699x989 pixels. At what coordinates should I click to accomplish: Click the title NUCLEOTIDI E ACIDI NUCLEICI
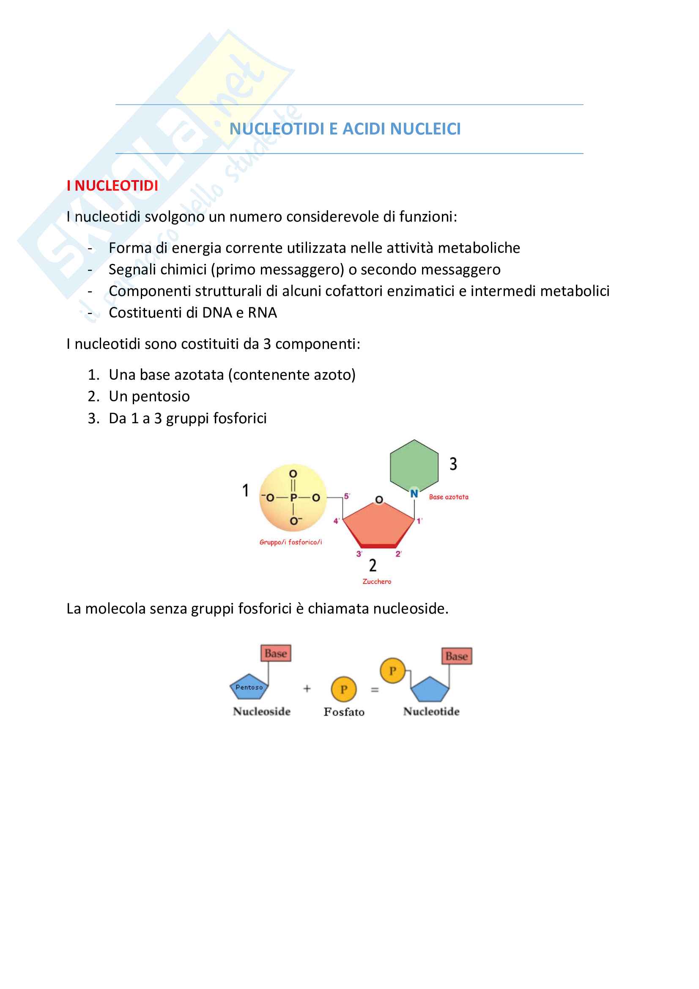click(x=345, y=129)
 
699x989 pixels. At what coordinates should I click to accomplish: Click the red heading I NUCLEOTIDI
click(x=112, y=186)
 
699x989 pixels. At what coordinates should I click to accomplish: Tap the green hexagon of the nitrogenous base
click(x=414, y=466)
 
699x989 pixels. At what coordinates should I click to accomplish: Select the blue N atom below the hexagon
click(x=414, y=493)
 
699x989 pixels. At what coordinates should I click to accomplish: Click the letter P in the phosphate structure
click(x=293, y=498)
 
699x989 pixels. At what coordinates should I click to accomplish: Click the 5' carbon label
click(x=347, y=496)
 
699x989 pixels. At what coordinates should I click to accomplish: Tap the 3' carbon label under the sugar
click(x=359, y=554)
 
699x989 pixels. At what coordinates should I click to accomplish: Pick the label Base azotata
click(x=448, y=497)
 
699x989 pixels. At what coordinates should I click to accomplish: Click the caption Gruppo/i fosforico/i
click(x=291, y=542)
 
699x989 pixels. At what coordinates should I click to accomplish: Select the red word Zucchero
click(x=377, y=581)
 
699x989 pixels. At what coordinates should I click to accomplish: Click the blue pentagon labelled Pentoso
click(x=249, y=688)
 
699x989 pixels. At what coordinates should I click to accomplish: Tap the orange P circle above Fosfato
click(x=344, y=689)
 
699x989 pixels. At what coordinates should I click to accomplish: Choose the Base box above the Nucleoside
click(x=276, y=653)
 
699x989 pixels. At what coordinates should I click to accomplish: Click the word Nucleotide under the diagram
click(x=431, y=712)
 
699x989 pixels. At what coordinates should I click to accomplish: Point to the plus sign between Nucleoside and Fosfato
click(x=307, y=689)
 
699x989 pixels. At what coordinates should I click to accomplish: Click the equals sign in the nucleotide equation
click(x=375, y=690)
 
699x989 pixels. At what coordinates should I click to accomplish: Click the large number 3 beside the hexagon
click(x=453, y=464)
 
